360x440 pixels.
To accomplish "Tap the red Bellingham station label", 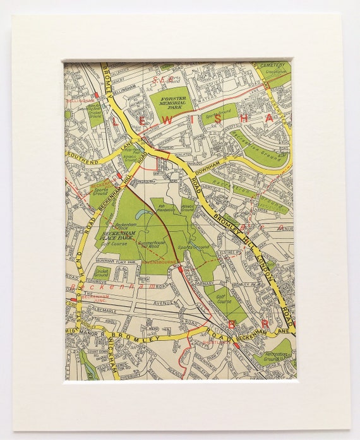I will (x=77, y=98).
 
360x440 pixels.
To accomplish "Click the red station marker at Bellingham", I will (x=95, y=96).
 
